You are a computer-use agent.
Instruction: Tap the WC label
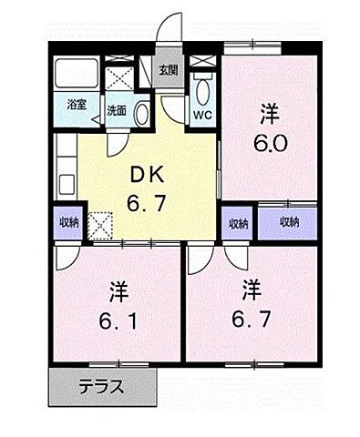[201, 116]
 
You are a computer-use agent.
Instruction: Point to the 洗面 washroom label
[117, 111]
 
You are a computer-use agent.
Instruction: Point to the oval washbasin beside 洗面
[142, 112]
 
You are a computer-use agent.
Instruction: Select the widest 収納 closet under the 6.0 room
[289, 222]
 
